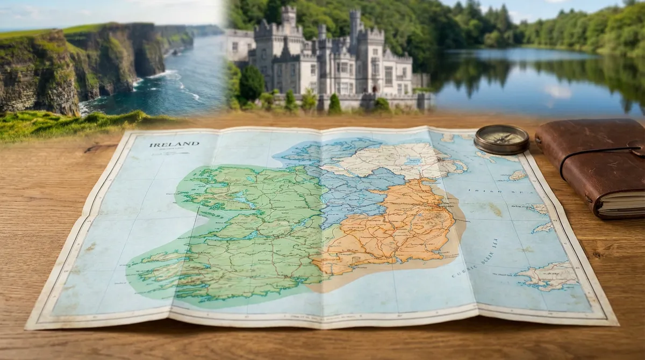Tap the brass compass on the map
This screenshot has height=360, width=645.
[x=501, y=139]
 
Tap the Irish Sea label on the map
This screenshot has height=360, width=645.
[x=486, y=191]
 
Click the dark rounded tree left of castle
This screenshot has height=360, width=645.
[x=251, y=83]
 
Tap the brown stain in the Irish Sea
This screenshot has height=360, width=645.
[x=496, y=209]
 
